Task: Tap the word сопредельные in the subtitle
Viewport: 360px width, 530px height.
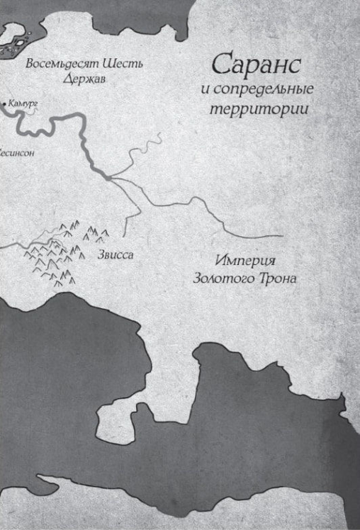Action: pos(247,91)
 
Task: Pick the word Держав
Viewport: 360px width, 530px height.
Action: pos(84,79)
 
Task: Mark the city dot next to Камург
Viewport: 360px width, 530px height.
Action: pos(5,105)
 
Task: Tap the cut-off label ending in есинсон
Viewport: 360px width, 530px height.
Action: pos(16,152)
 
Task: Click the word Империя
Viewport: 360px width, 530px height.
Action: pos(244,259)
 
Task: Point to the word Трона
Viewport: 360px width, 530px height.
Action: pos(278,278)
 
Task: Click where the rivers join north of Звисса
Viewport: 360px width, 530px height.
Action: pos(108,177)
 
